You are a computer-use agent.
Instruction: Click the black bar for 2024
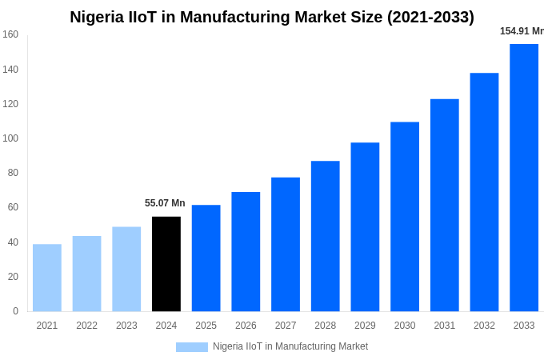(166, 264)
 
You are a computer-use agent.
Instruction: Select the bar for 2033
(524, 178)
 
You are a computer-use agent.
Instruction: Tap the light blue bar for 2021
(47, 278)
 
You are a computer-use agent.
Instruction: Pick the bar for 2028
(325, 236)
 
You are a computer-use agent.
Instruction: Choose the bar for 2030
(405, 217)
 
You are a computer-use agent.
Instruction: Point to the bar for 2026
(246, 251)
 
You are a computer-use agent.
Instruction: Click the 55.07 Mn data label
(165, 203)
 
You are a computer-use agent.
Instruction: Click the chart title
(272, 17)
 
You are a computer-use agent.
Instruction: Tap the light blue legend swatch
(192, 346)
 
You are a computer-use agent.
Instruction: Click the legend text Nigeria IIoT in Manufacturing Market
(290, 346)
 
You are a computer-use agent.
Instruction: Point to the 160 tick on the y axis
(10, 34)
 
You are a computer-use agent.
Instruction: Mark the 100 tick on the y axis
(10, 138)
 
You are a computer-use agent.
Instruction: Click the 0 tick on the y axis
(15, 311)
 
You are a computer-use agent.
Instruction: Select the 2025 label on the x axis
(206, 326)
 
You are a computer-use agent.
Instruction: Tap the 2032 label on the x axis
(484, 326)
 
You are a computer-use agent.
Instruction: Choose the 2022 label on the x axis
(86, 326)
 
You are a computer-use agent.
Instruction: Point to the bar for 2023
(126, 269)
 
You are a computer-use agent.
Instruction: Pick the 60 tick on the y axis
(13, 207)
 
